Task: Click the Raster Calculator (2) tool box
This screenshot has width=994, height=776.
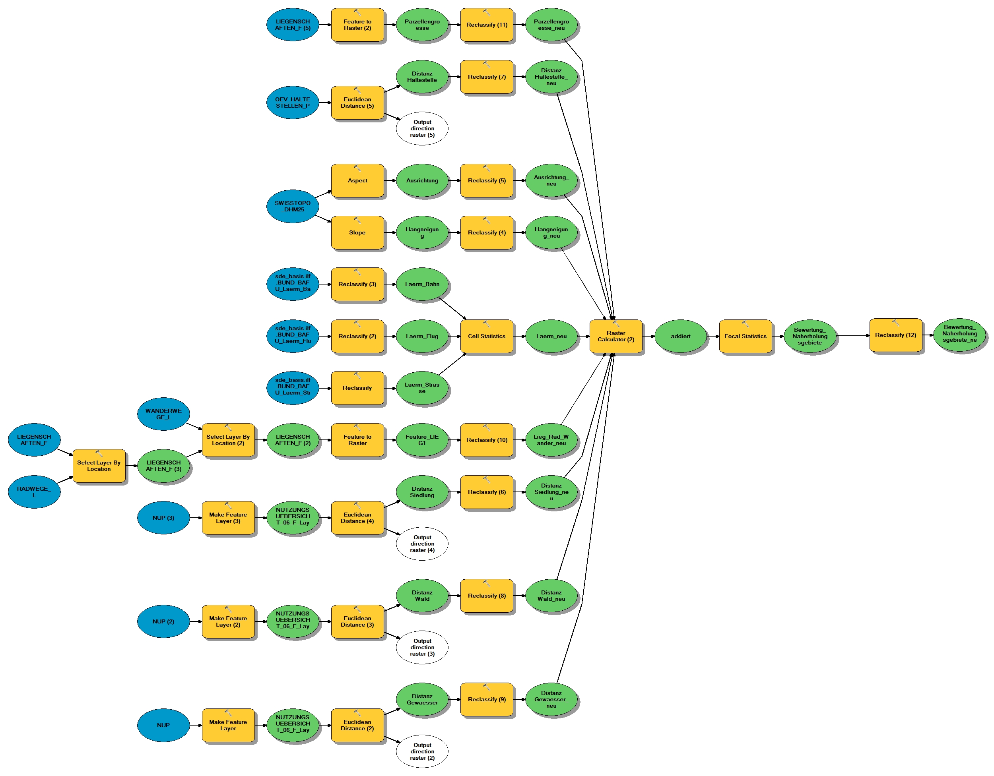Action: coord(616,336)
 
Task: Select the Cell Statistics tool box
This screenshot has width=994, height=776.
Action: coord(487,336)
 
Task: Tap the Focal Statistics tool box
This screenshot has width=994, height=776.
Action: coord(745,336)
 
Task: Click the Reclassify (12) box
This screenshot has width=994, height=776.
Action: coord(895,335)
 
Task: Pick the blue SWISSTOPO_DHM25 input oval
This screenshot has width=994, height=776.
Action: coord(293,206)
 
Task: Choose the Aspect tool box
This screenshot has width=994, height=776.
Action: coord(357,180)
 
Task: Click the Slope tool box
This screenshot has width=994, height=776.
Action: coord(357,232)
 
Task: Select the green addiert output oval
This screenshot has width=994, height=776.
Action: coord(680,336)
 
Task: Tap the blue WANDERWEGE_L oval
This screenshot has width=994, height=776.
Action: coord(163,414)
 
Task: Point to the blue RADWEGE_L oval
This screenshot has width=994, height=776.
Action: coord(34,492)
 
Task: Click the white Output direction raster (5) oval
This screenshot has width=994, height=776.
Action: coord(422,129)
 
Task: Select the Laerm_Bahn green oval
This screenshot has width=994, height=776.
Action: coord(422,284)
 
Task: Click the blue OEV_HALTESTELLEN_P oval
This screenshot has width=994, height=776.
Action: coord(293,103)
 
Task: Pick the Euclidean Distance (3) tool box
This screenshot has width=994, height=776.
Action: coord(357,621)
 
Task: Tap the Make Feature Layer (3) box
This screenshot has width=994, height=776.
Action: coord(228,518)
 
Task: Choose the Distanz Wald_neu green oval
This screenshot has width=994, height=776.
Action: coord(551,596)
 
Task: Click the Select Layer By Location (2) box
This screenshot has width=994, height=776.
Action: coord(228,440)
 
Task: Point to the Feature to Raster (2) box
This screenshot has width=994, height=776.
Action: coord(357,25)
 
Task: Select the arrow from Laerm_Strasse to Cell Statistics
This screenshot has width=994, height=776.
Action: coord(452,364)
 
